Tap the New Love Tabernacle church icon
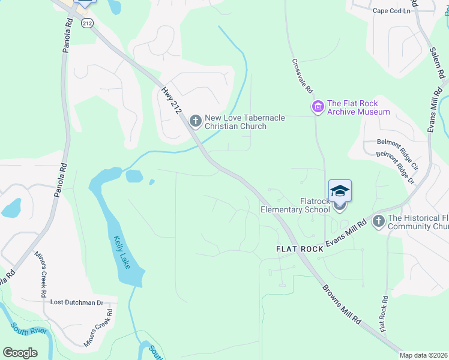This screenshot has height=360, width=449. pyautogui.click(x=195, y=121)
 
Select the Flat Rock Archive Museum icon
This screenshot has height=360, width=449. pyautogui.click(x=318, y=107)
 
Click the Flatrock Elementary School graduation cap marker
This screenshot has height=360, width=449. pyautogui.click(x=340, y=191)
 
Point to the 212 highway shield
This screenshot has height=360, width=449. pyautogui.click(x=88, y=23)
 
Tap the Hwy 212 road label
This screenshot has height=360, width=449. pyautogui.click(x=171, y=101)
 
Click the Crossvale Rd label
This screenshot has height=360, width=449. pyautogui.click(x=303, y=75)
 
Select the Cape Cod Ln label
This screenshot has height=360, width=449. pyautogui.click(x=395, y=11)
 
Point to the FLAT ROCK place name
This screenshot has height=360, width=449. pyautogui.click(x=299, y=248)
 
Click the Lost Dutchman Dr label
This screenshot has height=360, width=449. pyautogui.click(x=77, y=302)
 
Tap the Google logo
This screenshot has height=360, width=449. pyautogui.click(x=20, y=352)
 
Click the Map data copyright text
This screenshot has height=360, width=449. pyautogui.click(x=424, y=355)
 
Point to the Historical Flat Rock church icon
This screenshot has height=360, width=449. pyautogui.click(x=378, y=221)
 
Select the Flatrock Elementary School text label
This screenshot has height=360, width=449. pyautogui.click(x=295, y=205)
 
